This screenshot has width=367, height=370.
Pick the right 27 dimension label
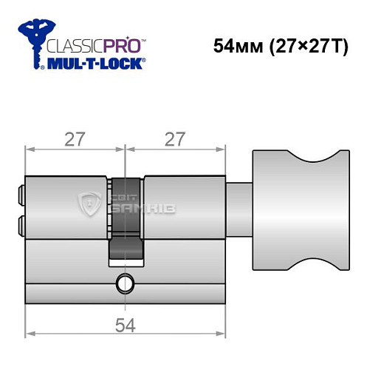175,138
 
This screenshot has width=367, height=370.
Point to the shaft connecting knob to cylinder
239,202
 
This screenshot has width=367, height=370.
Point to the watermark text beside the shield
130,201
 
